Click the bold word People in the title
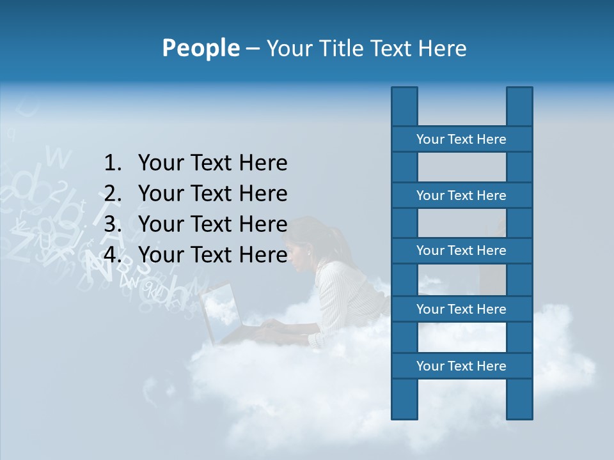point(201,49)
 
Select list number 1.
point(113,164)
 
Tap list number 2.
point(113,194)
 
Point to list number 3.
point(113,224)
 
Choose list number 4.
point(113,255)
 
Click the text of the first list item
point(212,164)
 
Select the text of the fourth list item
point(212,255)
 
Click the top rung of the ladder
point(461,139)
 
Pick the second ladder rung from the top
point(461,195)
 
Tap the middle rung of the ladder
point(461,250)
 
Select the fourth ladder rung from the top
point(461,309)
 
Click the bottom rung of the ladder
point(461,366)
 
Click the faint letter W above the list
point(59,157)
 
